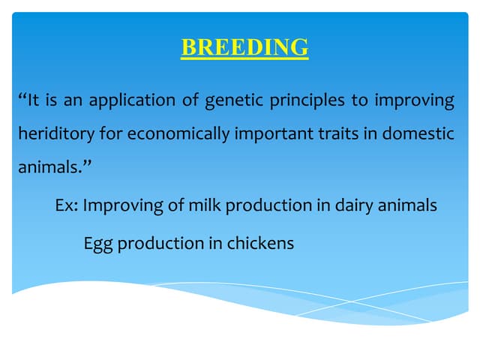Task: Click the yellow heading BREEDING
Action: click(244, 47)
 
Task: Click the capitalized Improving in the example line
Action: click(120, 205)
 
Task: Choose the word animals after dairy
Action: click(406, 205)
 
